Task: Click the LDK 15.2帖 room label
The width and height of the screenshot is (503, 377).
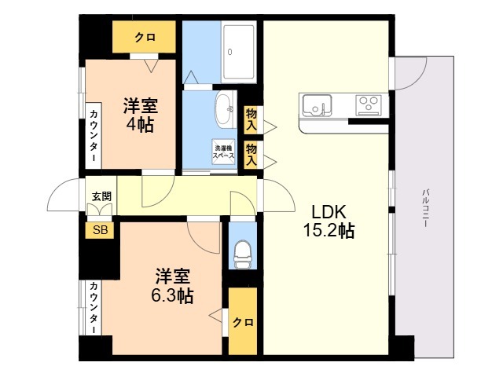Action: coord(329,221)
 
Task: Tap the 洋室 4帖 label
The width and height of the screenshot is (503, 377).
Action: coord(141,115)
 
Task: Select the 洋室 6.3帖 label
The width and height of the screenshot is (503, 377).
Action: coord(173,286)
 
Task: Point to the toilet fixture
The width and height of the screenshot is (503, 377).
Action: coord(242,254)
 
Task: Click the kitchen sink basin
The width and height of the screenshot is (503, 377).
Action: coord(317,104)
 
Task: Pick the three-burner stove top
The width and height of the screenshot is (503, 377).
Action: coord(369,104)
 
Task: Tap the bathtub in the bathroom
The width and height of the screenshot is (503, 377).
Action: coord(239,52)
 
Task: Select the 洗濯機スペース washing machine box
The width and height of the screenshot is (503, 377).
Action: coord(223,152)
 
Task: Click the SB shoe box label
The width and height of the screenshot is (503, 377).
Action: coord(100,230)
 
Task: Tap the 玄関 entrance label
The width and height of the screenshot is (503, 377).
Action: coord(101,196)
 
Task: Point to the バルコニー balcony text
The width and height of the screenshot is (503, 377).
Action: coord(426,208)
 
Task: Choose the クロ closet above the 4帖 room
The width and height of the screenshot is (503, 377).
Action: coord(144,37)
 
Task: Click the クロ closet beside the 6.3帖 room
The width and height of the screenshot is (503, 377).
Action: coord(243,321)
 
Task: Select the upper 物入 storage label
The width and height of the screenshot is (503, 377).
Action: coord(251,119)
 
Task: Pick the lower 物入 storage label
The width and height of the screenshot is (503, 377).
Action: coord(251,155)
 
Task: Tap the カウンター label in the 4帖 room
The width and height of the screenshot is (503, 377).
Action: coord(94,136)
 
